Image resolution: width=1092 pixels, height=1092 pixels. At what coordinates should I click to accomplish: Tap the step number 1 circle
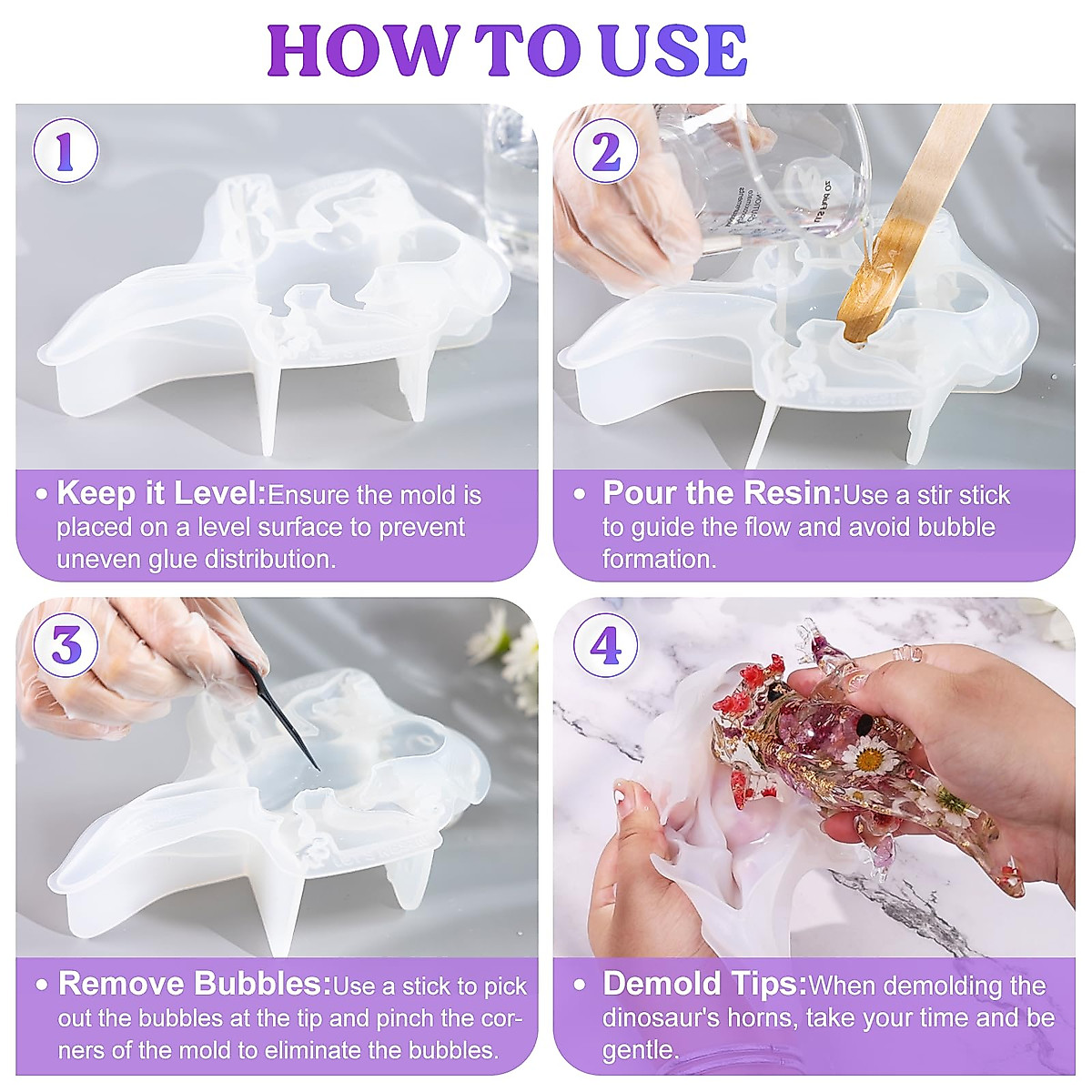(x=66, y=151)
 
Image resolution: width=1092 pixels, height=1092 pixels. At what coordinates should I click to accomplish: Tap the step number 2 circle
(x=605, y=151)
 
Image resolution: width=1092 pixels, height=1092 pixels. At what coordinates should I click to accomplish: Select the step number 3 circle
(x=66, y=646)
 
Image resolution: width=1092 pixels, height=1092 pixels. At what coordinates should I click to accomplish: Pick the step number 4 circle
(x=605, y=646)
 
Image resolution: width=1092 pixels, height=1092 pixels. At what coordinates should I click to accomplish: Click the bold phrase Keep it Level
(x=161, y=494)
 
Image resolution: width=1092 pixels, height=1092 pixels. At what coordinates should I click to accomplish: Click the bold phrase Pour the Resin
(x=721, y=494)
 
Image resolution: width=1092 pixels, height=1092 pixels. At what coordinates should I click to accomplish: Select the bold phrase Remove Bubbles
(x=194, y=985)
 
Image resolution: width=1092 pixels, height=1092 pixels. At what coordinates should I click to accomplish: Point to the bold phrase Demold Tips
(x=704, y=985)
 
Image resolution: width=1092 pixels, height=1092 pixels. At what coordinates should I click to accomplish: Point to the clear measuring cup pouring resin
(x=773, y=173)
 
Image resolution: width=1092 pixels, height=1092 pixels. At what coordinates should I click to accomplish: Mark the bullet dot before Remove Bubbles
(x=42, y=986)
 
